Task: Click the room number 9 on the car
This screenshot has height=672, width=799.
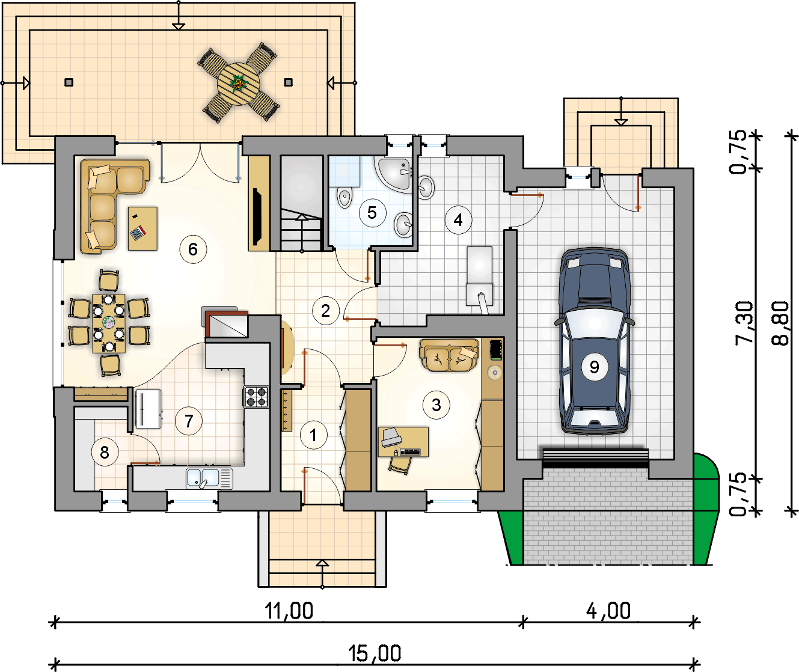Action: (594, 367)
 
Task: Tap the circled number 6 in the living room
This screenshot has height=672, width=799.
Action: (193, 249)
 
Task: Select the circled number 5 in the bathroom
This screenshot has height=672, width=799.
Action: (372, 213)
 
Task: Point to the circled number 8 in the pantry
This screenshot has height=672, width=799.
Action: (105, 453)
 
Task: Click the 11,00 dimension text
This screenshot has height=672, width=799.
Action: (289, 611)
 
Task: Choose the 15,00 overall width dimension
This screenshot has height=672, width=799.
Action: (375, 653)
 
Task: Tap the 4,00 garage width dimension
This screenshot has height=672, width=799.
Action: (608, 611)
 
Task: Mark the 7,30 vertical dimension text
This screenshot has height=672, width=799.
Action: (744, 323)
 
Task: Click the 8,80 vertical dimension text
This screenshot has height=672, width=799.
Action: (780, 323)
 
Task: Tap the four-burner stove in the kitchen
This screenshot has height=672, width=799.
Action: (256, 397)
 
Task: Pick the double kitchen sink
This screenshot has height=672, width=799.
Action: (209, 478)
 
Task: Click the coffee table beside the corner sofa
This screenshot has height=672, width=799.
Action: (142, 228)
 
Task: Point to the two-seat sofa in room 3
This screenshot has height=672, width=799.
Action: (450, 355)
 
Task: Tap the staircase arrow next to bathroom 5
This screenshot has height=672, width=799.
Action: (302, 233)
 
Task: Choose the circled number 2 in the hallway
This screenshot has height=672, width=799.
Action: (326, 311)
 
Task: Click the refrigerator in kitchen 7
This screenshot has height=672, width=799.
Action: (148, 409)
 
